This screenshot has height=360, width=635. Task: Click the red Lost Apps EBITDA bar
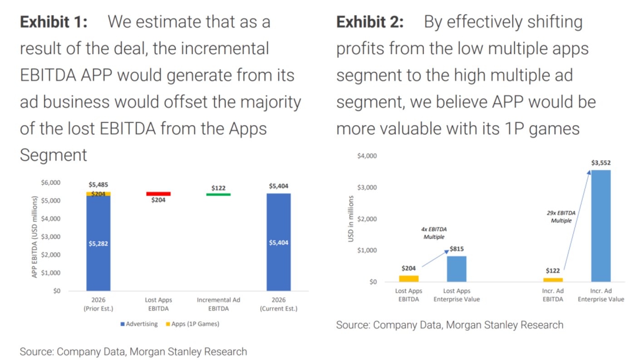(x=158, y=194)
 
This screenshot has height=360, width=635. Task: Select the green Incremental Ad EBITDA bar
(x=218, y=195)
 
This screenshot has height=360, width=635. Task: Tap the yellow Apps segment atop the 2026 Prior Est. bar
(x=98, y=194)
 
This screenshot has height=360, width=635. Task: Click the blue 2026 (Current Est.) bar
(x=278, y=242)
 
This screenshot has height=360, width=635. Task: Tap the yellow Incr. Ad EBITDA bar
(x=553, y=280)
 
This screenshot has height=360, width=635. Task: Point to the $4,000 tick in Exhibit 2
(x=368, y=156)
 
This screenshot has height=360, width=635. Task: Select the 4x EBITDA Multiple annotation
(x=435, y=233)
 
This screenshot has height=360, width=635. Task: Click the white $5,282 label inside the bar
(x=98, y=243)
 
